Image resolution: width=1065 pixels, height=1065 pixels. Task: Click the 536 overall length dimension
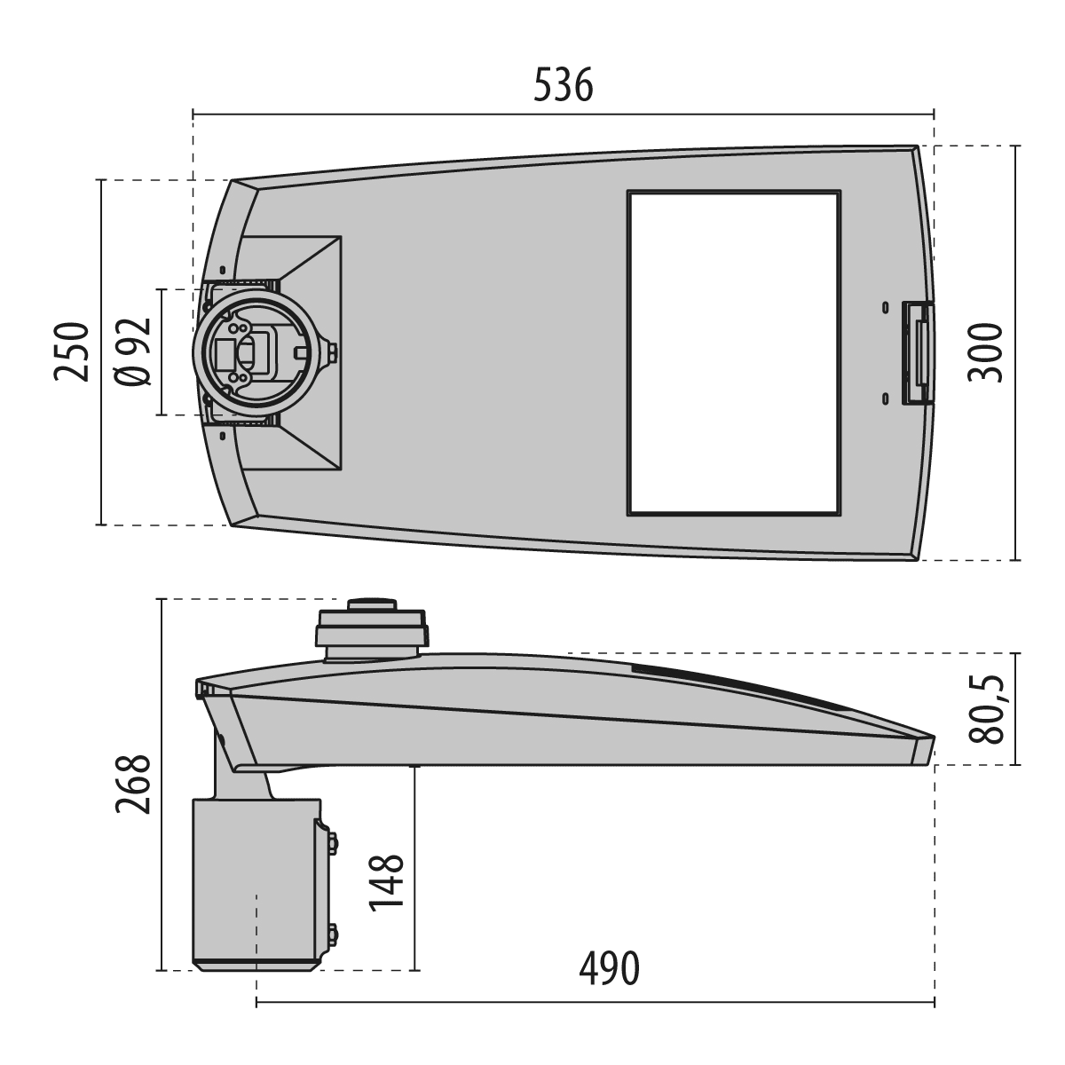(564, 85)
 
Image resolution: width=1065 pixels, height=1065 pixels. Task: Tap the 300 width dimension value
(985, 352)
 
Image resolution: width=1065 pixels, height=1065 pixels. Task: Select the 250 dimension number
(71, 351)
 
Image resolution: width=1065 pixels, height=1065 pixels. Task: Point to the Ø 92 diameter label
(133, 352)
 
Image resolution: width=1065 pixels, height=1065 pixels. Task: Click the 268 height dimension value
(132, 785)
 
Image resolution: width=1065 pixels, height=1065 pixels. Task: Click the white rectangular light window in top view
(734, 353)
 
